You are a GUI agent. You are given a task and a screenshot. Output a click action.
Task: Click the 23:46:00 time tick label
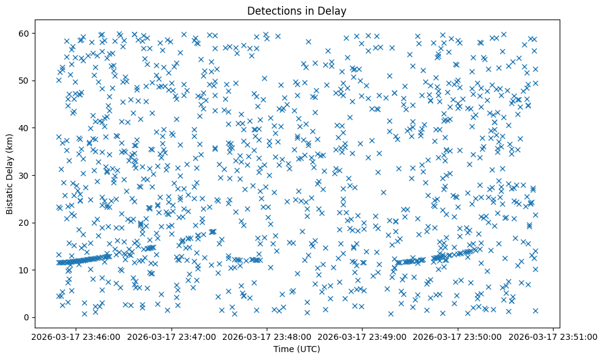76,336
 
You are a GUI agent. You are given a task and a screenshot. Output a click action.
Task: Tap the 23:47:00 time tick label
172,336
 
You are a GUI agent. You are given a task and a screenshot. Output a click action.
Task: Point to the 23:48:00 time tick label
267,336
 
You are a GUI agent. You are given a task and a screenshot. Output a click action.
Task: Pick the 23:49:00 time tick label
363,336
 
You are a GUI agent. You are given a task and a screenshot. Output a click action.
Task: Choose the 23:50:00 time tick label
458,336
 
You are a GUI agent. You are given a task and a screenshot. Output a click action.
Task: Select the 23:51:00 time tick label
553,336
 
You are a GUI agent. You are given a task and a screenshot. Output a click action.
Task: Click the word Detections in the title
271,10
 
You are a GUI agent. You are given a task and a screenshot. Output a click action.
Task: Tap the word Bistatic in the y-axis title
10,196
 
